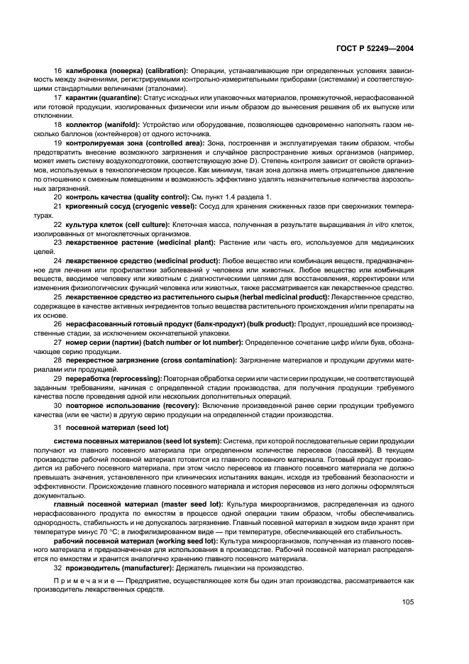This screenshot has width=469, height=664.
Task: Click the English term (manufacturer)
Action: point(148,568)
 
